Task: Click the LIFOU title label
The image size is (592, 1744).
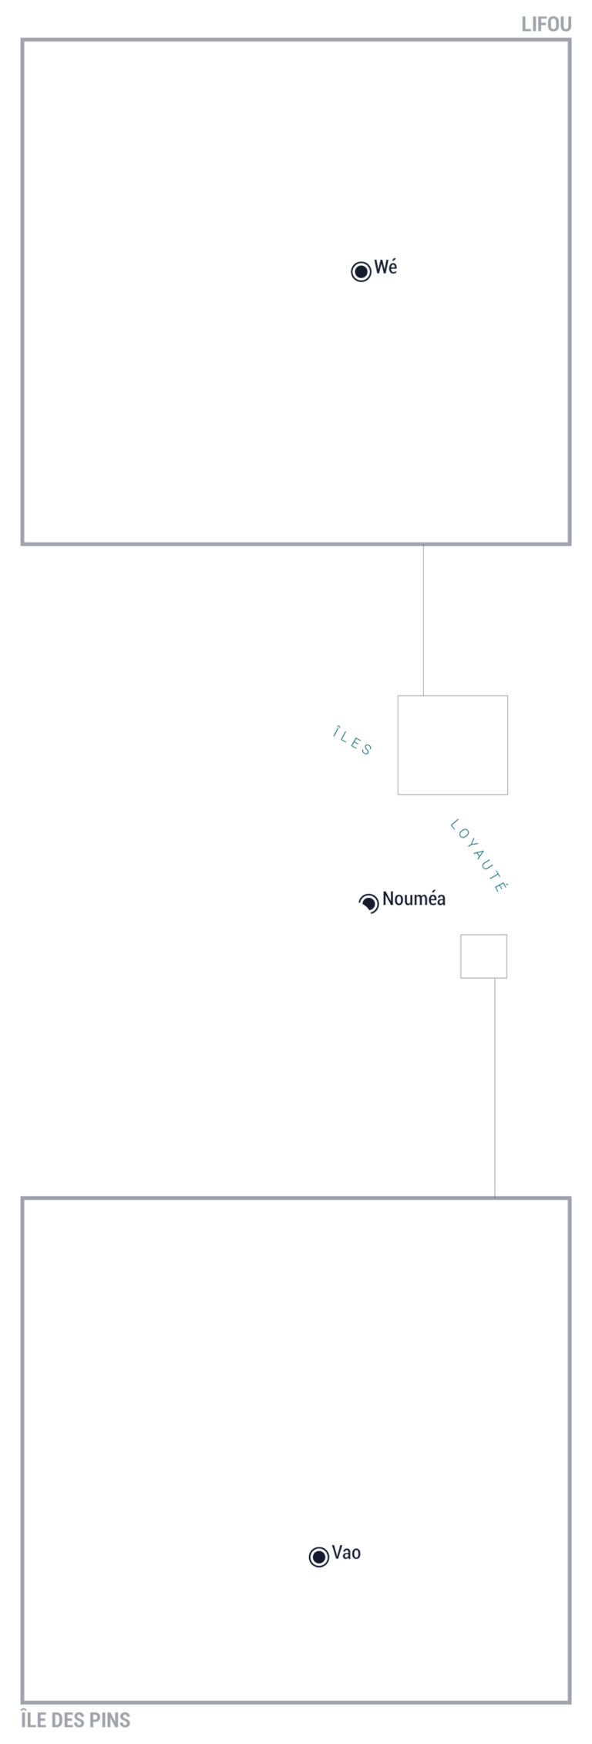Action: pos(547,25)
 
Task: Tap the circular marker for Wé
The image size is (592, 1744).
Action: pos(361,271)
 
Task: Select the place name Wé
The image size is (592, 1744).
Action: pos(385,267)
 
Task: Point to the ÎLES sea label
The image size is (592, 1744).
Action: pos(353,741)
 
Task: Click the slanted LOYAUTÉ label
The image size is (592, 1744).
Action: pos(478,855)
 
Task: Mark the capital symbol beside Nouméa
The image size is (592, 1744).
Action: pos(369,902)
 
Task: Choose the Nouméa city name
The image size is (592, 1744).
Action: pos(414,899)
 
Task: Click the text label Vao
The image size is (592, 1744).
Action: pos(346,1552)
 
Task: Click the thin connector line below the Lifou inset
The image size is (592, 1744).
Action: pos(423,620)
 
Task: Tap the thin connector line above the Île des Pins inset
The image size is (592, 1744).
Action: pos(495,1087)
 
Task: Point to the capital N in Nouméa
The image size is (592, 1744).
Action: pos(388,899)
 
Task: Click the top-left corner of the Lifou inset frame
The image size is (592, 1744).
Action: pos(22,40)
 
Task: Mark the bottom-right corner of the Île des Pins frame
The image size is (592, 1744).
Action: pos(570,1702)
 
